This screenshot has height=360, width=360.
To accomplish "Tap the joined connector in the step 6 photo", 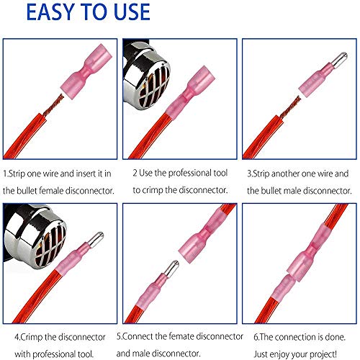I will pyautogui.click(x=294, y=269).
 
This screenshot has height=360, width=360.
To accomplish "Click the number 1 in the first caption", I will pyautogui.click(x=5, y=174).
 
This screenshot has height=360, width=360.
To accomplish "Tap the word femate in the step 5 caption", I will pyautogui.click(x=195, y=335).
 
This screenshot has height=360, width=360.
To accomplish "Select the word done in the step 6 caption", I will pyautogui.click(x=331, y=335).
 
